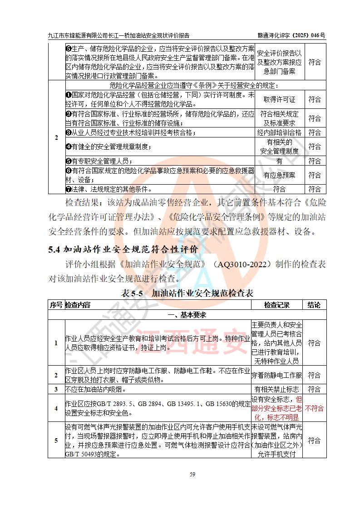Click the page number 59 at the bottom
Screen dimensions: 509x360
point(192,475)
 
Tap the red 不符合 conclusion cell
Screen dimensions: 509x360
point(314,408)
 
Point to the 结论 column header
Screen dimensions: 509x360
point(314,305)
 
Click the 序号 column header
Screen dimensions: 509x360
point(56,305)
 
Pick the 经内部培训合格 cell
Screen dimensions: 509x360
point(279,132)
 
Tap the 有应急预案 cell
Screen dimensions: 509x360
point(279,175)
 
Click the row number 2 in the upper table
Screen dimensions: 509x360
point(56,137)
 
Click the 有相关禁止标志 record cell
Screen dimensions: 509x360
point(276,389)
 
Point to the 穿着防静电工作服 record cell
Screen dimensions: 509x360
point(276,375)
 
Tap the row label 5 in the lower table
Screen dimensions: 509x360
point(56,440)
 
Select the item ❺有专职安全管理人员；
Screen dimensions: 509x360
point(99,161)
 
